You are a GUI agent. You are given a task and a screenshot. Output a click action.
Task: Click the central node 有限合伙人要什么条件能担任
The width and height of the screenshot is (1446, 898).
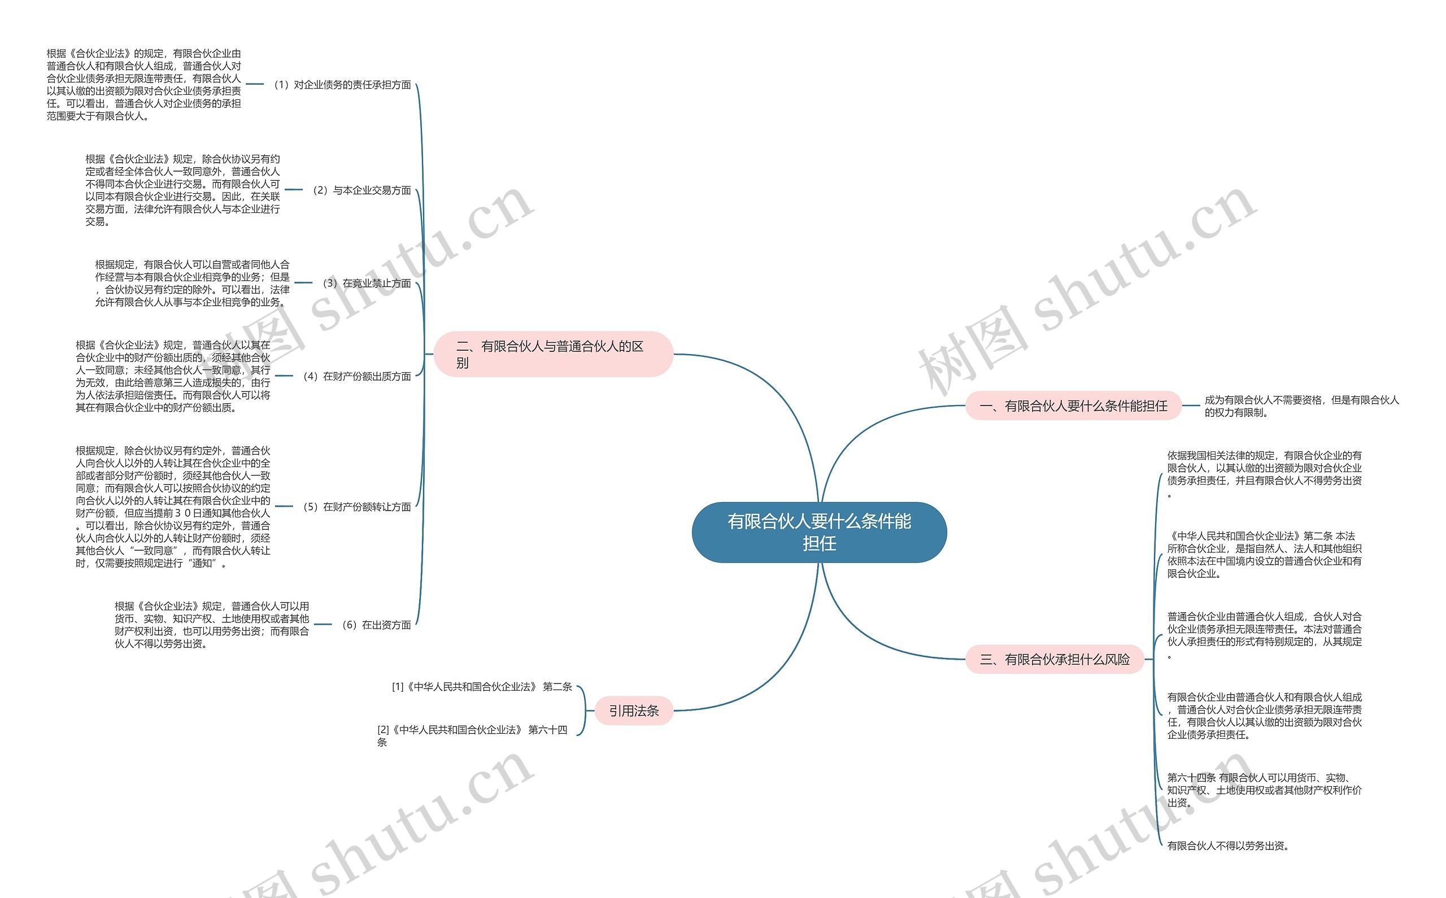coord(819,532)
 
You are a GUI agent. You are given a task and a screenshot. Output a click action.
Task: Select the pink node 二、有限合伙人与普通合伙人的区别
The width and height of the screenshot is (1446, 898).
coord(553,354)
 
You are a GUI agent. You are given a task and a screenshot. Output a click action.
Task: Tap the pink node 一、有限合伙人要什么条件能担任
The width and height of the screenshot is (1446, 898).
coord(1073,406)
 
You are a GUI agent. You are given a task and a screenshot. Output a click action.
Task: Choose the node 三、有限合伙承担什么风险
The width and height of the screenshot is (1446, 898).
coord(1054,659)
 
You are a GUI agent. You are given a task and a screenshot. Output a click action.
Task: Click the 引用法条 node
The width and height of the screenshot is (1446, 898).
coord(634,710)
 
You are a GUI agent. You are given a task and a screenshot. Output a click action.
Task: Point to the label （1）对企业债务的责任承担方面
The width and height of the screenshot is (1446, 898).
coord(342,85)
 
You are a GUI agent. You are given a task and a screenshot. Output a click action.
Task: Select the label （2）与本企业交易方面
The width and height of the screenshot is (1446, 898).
coord(361,190)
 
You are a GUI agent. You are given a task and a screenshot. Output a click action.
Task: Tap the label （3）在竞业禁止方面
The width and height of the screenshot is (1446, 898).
coord(367,284)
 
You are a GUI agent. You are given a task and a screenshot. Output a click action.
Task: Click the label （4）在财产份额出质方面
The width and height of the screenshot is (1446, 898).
coord(357,376)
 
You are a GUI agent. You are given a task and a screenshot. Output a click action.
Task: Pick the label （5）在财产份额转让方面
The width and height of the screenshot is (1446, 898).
coord(357,507)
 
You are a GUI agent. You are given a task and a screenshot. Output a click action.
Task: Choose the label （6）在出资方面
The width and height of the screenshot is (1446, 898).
coord(377,625)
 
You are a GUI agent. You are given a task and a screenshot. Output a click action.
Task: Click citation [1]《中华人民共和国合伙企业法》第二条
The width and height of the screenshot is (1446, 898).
coord(482,687)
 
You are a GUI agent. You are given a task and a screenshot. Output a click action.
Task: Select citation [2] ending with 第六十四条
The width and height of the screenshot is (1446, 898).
coord(472,735)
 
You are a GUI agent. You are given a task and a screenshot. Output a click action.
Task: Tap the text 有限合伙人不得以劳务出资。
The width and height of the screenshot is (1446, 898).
coord(1227,845)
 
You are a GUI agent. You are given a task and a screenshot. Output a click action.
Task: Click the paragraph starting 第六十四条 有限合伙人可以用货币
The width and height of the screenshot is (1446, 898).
coord(1264,790)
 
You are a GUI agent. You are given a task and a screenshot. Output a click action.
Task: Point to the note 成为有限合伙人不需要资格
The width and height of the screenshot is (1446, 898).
coord(1301,406)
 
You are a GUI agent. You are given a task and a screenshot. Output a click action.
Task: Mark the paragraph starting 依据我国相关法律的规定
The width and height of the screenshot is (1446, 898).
coord(1264,474)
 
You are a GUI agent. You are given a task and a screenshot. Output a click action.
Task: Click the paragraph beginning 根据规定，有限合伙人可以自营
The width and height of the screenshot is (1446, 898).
coord(193,284)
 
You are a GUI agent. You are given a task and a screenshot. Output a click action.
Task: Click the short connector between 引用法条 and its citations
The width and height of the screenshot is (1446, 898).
coord(590,710)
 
